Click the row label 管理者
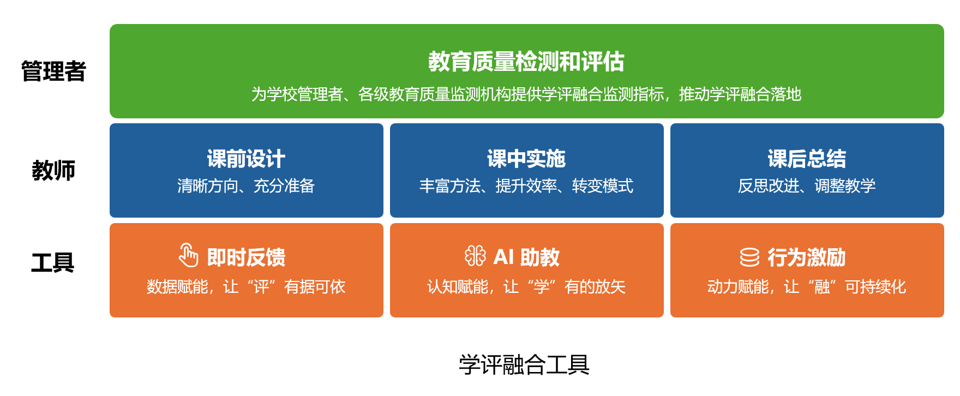[53, 71]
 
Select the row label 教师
[53, 171]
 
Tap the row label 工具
[53, 263]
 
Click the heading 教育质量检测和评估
[526, 62]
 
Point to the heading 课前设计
[246, 159]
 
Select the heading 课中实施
[526, 159]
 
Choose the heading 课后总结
[807, 159]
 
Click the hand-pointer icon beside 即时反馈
[188, 255]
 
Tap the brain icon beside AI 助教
[475, 255]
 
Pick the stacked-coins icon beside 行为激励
[749, 257]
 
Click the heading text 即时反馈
[246, 257]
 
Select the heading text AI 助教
[526, 257]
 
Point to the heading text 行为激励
[807, 257]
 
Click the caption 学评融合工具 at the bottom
[524, 365]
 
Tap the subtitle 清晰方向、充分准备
[246, 186]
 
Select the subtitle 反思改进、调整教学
[807, 186]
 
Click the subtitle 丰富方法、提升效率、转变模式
[526, 186]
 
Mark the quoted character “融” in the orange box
[822, 287]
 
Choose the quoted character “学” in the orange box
[542, 287]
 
